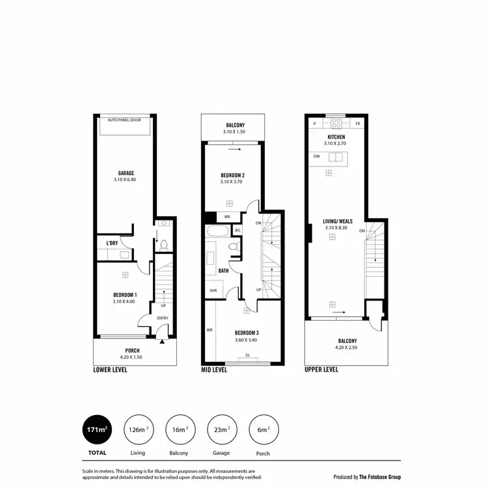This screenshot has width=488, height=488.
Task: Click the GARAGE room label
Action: point(126,173)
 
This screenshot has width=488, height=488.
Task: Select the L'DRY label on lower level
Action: point(112,243)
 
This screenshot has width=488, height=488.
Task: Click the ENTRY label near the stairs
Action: point(162,318)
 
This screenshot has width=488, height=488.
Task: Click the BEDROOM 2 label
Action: point(232,176)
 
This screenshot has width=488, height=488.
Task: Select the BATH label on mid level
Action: point(223,271)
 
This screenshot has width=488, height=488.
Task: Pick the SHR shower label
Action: point(213,291)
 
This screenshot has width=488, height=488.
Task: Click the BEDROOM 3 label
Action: point(247,332)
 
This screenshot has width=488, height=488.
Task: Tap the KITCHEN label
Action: point(336,137)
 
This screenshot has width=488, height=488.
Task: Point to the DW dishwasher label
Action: point(316,157)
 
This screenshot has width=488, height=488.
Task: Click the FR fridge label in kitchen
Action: point(357,123)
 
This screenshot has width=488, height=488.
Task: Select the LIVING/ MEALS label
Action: point(337,222)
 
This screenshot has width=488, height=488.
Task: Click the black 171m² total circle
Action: point(96,429)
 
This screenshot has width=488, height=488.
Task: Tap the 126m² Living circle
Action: point(137,429)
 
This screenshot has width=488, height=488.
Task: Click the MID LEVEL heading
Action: point(214,370)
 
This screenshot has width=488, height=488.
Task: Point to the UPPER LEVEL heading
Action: point(321,370)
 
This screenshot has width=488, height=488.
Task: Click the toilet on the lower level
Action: point(164,245)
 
